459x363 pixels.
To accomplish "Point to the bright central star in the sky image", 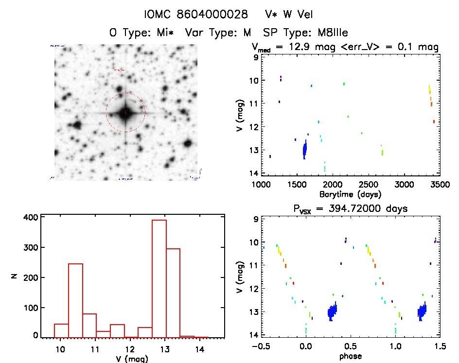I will pos(125,113).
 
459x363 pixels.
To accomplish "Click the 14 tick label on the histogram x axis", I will pos(199,348).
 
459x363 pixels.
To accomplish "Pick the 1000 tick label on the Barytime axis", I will pos(261,185).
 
